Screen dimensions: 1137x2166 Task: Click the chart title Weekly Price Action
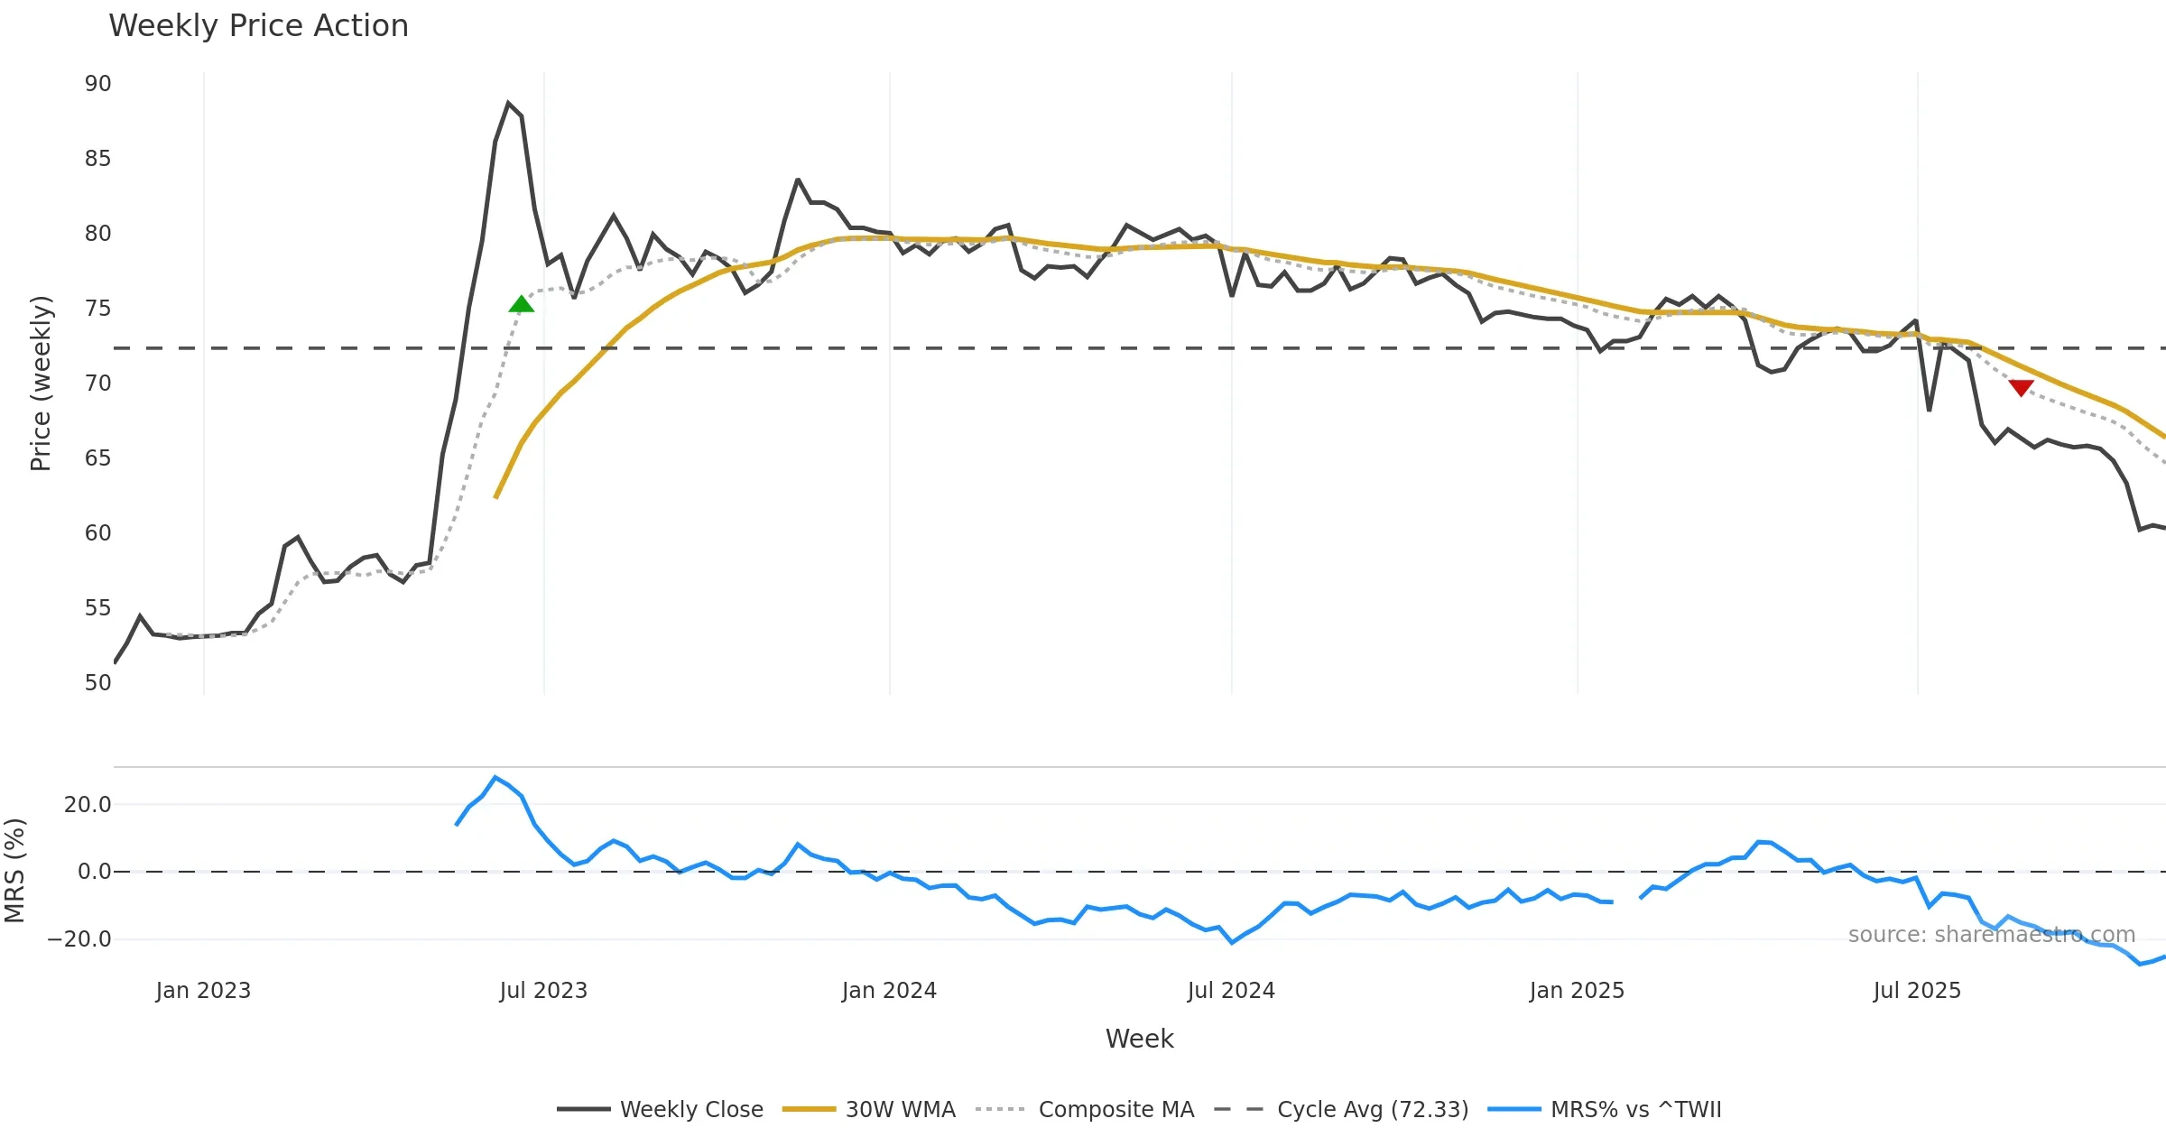click(258, 26)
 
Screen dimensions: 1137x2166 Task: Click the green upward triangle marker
click(521, 304)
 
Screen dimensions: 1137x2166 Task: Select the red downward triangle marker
click(2021, 388)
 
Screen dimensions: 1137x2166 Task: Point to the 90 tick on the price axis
click(97, 84)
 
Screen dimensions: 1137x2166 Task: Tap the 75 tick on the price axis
click(97, 309)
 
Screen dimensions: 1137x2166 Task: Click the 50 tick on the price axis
click(97, 683)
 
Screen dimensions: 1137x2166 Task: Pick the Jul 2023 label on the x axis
click(543, 991)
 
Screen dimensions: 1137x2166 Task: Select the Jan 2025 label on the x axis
click(1577, 991)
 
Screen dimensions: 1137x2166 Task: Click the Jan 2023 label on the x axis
click(203, 991)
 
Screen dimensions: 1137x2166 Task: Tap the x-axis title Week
click(1139, 1040)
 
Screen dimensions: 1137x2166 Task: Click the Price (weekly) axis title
click(41, 384)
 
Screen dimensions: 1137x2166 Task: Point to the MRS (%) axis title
click(14, 871)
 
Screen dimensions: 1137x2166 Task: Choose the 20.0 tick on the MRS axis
click(88, 805)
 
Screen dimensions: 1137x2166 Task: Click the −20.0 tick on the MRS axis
click(79, 939)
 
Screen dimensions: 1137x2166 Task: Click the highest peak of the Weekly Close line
click(508, 104)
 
